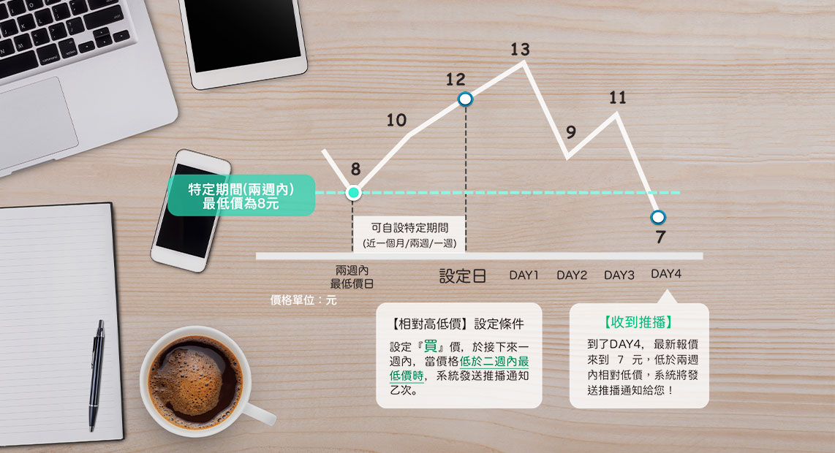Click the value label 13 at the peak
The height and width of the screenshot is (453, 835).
[x=520, y=50]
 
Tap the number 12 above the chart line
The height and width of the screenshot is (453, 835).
[x=456, y=80]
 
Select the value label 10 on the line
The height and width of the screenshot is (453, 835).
[x=396, y=121]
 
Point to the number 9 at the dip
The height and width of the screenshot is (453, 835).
[x=571, y=132]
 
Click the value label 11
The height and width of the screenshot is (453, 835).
[x=618, y=97]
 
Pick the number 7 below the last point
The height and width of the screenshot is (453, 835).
[x=660, y=237]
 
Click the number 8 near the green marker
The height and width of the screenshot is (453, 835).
[x=356, y=170]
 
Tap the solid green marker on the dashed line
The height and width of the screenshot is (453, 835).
[x=353, y=193]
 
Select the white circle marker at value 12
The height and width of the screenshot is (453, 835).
[x=465, y=99]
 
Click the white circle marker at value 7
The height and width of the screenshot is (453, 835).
[x=658, y=217]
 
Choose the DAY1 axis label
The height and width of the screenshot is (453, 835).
[x=524, y=275]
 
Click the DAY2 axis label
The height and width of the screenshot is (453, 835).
[x=571, y=275]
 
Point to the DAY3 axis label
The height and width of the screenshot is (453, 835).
[x=619, y=275]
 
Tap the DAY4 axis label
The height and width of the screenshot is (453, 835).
[x=666, y=273]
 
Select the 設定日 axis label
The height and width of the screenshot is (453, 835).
[x=462, y=275]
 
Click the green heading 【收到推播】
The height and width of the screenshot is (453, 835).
[x=638, y=322]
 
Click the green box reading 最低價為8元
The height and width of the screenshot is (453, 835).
[x=241, y=195]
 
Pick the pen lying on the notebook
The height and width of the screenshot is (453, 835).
[x=97, y=376]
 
